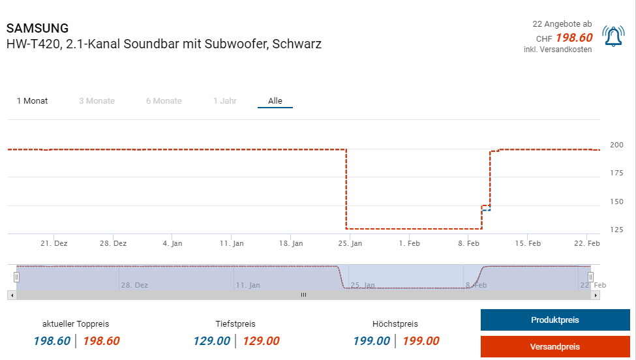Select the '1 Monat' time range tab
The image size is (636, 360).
pyautogui.click(x=32, y=101)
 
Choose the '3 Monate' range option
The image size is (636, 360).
pyautogui.click(x=97, y=101)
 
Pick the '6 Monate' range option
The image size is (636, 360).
pyautogui.click(x=164, y=101)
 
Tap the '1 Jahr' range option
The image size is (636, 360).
pyautogui.click(x=225, y=101)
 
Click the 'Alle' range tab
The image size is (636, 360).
pyautogui.click(x=275, y=101)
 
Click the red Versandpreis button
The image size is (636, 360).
pyautogui.click(x=555, y=346)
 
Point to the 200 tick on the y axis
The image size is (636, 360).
pyautogui.click(x=616, y=145)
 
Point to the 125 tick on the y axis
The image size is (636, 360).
pyautogui.click(x=616, y=230)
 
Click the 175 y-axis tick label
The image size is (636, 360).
pyautogui.click(x=616, y=173)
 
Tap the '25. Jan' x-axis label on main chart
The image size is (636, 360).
pyautogui.click(x=350, y=243)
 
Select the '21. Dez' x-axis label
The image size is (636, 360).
pyautogui.click(x=53, y=243)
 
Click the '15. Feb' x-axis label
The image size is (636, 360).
pyautogui.click(x=528, y=243)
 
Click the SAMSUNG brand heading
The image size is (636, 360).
pyautogui.click(x=37, y=29)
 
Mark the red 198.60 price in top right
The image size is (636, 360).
pyautogui.click(x=574, y=38)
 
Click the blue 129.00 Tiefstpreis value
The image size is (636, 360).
pyautogui.click(x=211, y=341)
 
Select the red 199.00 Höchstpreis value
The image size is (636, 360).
pyautogui.click(x=421, y=341)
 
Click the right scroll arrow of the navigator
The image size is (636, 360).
pyautogui.click(x=596, y=295)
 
